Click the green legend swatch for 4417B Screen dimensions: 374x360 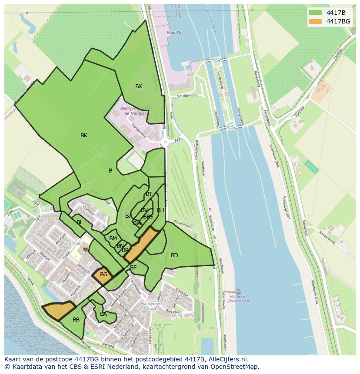(315, 12)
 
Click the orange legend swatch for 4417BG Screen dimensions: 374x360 (315, 21)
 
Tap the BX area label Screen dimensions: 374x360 (138, 86)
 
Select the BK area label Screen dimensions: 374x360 (84, 136)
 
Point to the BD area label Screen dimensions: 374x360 (174, 255)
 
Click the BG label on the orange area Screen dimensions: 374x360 (103, 275)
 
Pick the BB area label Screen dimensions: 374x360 (76, 320)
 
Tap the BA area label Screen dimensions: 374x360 (103, 314)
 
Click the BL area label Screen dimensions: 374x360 (80, 222)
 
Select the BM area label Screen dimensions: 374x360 (113, 238)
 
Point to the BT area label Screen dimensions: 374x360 (149, 194)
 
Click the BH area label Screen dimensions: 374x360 (160, 210)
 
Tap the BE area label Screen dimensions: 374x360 (133, 268)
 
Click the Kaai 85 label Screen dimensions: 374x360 (173, 33)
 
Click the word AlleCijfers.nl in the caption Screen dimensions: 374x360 (227, 359)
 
